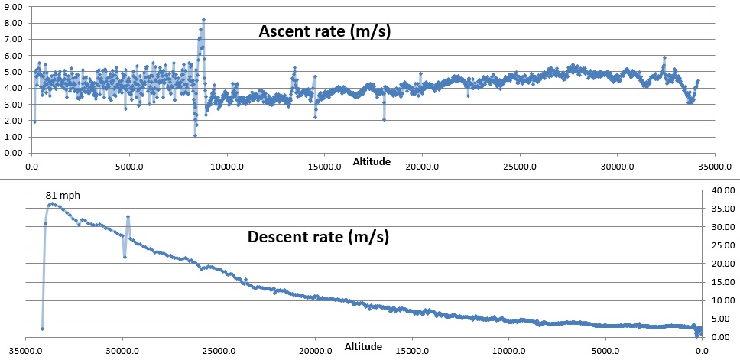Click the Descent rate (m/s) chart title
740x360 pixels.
(x=319, y=236)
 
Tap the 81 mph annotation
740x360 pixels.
(x=62, y=196)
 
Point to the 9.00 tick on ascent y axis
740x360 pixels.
(x=14, y=6)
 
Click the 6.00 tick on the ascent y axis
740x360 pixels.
(x=14, y=55)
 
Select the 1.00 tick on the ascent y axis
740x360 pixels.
(x=14, y=136)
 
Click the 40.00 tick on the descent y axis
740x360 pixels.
(x=723, y=190)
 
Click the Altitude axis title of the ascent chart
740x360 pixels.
(x=372, y=162)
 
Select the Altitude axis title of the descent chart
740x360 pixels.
(x=364, y=347)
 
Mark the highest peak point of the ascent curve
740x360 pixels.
(x=203, y=19)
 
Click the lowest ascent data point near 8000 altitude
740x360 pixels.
(x=195, y=135)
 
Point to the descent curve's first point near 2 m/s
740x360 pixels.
(x=42, y=329)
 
